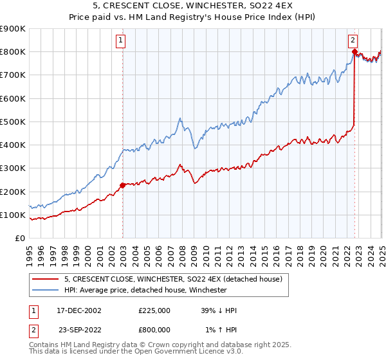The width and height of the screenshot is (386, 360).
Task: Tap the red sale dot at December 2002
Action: point(122,186)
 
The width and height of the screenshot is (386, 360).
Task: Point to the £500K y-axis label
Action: point(13,122)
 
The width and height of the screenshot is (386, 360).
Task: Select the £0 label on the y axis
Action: point(20,238)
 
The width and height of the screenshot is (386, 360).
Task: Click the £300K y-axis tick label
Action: point(13,168)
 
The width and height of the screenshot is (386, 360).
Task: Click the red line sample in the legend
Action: point(45,279)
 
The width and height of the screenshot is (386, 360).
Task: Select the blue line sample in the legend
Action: point(45,290)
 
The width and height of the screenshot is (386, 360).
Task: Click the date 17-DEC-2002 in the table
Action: point(80,310)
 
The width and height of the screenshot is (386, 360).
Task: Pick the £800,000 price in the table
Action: point(154,330)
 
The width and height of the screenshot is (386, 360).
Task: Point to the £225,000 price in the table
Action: point(154,310)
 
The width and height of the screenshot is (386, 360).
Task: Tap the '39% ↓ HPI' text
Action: point(219,310)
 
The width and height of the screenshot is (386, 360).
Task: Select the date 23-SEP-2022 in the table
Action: point(80,330)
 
